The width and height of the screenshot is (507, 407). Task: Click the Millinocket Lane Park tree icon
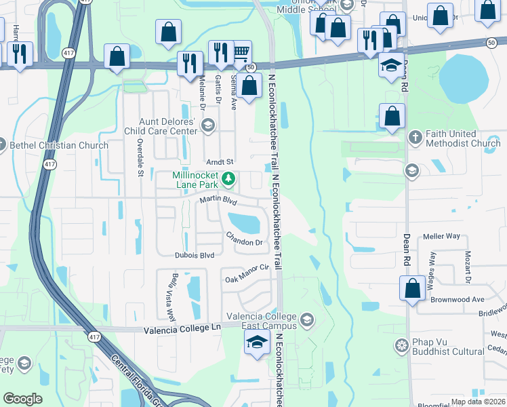point(229,179)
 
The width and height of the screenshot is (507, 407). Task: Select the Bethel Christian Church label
point(58,145)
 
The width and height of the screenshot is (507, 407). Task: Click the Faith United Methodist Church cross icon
point(416,138)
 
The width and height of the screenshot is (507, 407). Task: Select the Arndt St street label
point(219,162)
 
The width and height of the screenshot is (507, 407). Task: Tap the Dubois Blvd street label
point(194,255)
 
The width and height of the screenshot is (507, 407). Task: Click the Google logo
point(23,399)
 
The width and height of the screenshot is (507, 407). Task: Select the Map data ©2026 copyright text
point(477,402)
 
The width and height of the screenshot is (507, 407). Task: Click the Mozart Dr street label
point(467,265)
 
